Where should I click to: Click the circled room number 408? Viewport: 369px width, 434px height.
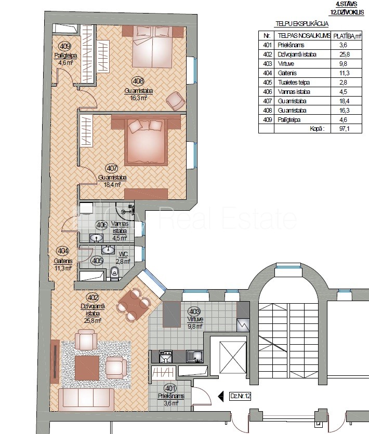tap(138, 81)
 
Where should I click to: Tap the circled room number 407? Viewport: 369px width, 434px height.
tap(111, 168)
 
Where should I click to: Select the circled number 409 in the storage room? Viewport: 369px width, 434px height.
tap(65, 47)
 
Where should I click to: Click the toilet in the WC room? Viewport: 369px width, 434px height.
tap(114, 273)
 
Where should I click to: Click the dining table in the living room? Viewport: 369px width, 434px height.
tap(133, 305)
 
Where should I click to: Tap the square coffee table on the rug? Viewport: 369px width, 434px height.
tap(87, 368)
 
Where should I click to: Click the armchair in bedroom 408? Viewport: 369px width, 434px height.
tap(176, 101)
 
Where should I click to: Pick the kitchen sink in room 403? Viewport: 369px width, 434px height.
tap(195, 357)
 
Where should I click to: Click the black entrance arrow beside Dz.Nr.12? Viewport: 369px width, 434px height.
tap(221, 397)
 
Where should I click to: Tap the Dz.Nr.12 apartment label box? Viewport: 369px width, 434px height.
tap(240, 396)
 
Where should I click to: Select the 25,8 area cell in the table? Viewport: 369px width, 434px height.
tap(345, 54)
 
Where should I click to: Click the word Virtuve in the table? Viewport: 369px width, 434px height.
tap(286, 64)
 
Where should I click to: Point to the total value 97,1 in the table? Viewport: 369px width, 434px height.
tap(345, 128)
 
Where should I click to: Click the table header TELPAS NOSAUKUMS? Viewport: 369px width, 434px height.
tap(304, 36)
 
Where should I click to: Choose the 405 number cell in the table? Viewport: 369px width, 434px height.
tap(267, 83)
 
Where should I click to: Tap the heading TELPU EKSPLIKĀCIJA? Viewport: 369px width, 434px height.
tap(302, 24)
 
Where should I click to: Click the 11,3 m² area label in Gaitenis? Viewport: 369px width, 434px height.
tap(63, 268)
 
